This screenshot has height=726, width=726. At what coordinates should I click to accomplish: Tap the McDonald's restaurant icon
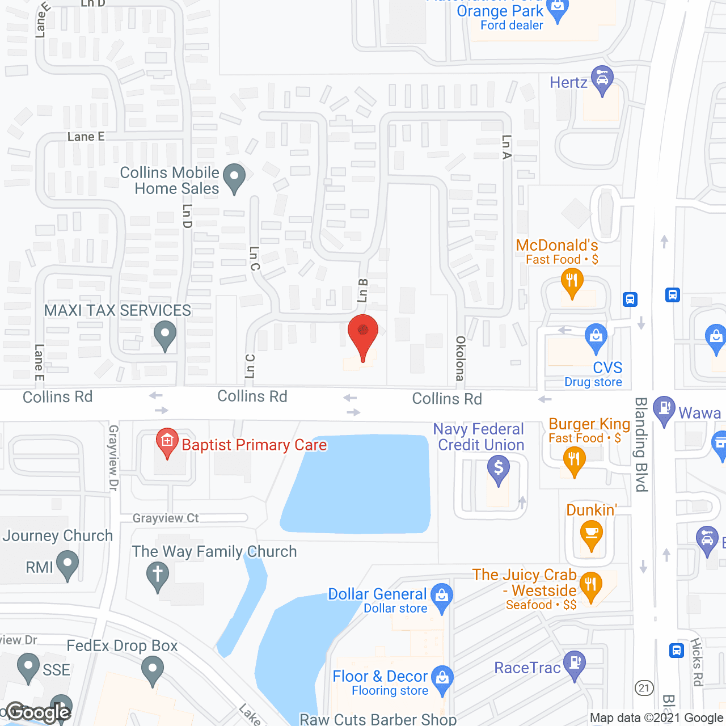point(572,282)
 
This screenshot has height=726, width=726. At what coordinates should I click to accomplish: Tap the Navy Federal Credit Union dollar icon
point(499,468)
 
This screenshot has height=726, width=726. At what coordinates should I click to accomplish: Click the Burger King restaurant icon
point(574,460)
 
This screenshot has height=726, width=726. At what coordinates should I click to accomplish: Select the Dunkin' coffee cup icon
point(592,534)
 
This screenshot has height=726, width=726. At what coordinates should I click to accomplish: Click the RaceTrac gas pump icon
point(575,663)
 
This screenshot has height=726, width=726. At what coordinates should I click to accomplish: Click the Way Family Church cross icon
point(158,575)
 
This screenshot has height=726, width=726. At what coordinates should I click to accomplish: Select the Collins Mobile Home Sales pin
point(234,176)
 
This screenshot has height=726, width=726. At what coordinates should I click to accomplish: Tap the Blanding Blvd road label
point(641,444)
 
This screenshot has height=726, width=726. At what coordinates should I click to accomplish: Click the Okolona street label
point(460,358)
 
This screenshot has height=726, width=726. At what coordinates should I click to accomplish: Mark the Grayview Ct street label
point(166,518)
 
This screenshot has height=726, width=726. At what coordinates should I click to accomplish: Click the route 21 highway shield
point(644,688)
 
